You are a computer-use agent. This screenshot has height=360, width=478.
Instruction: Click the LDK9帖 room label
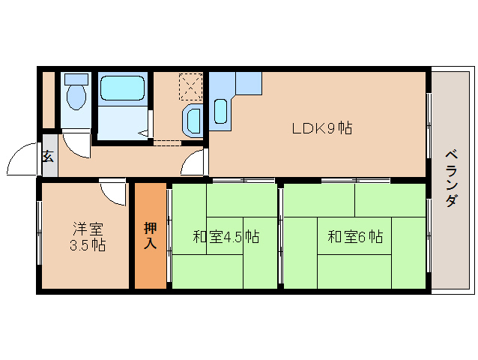point(322,128)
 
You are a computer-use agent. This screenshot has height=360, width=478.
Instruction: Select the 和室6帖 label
point(354,237)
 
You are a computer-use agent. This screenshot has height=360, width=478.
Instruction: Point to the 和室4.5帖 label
point(226,237)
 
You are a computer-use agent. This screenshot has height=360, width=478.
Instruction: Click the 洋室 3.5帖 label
point(88,236)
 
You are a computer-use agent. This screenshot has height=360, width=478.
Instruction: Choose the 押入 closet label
point(151,235)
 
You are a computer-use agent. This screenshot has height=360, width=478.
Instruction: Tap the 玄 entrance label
point(49,156)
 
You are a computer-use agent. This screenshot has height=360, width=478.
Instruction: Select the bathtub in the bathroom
point(124,88)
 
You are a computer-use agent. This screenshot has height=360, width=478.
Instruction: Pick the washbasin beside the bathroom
point(193,119)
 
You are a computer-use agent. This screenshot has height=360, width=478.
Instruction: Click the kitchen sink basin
point(221,111)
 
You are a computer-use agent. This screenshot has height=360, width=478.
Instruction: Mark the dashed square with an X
point(191,85)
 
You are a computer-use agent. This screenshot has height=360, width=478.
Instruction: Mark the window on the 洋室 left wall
point(39,236)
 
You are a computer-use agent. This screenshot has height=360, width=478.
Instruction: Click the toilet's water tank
point(75,79)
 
